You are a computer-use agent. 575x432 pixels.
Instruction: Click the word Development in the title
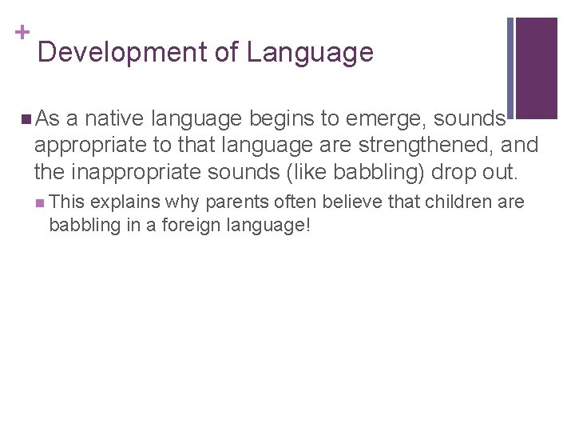(x=121, y=53)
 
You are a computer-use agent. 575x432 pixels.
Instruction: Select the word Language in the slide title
(x=310, y=53)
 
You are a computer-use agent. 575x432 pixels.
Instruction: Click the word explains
(x=125, y=202)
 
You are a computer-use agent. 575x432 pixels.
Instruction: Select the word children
(x=458, y=202)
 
